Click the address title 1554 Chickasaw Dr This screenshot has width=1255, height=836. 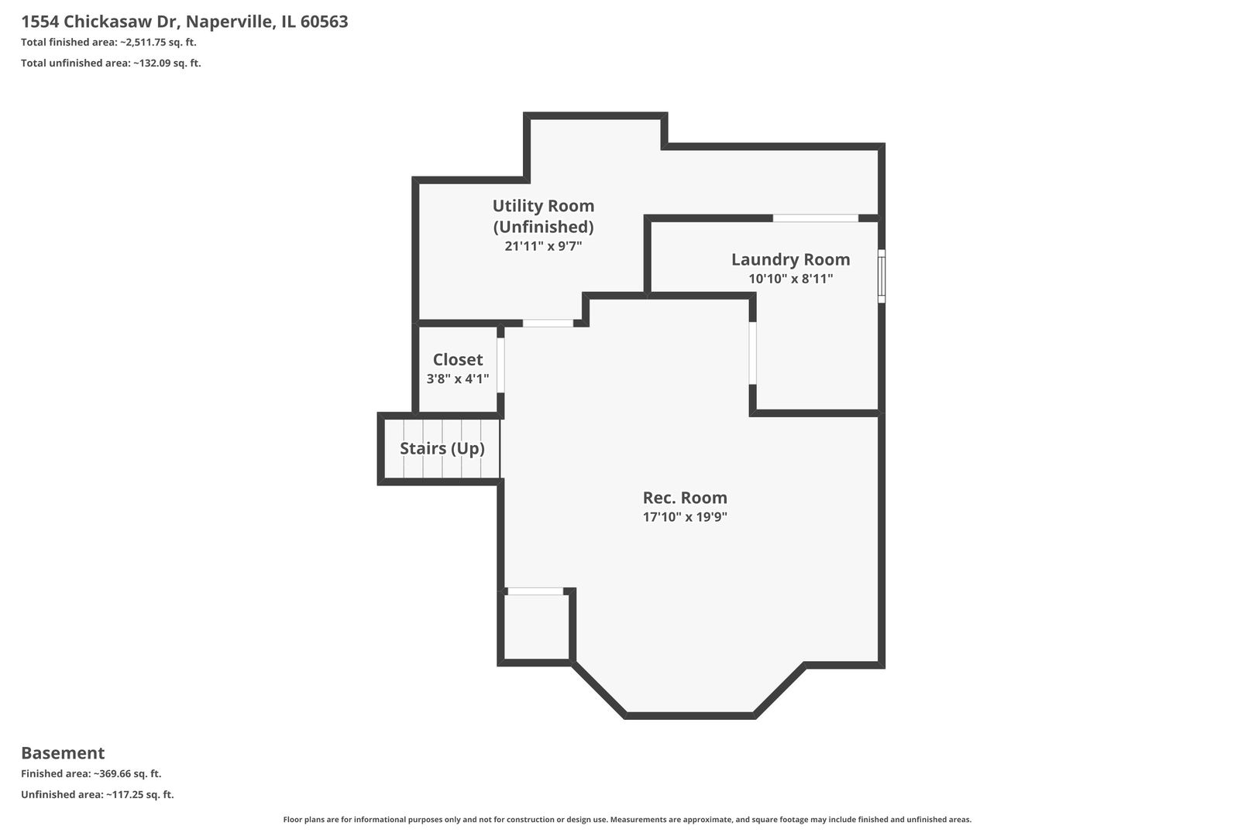(x=184, y=22)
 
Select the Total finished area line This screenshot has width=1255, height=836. (x=108, y=43)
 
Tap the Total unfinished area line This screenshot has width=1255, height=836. (x=111, y=63)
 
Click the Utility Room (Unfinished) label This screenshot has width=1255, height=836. (x=543, y=216)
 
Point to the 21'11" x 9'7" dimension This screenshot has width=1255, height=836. (x=543, y=246)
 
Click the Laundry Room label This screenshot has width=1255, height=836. (x=790, y=259)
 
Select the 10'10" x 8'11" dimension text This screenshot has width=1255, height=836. (x=790, y=279)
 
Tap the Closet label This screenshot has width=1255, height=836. (x=457, y=359)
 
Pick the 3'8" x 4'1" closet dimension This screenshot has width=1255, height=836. (x=457, y=379)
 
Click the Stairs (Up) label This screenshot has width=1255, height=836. (x=442, y=448)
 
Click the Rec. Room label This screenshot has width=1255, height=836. (x=685, y=497)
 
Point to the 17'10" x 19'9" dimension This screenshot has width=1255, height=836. (x=685, y=516)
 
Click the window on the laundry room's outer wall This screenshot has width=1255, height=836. (x=881, y=276)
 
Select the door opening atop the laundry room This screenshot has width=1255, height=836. (x=815, y=218)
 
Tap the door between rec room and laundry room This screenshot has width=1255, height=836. (x=752, y=353)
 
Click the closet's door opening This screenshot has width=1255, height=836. (x=500, y=365)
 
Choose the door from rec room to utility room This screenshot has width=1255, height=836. (x=548, y=323)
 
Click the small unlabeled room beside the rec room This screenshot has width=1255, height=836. (x=536, y=627)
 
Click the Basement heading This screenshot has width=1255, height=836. (x=63, y=753)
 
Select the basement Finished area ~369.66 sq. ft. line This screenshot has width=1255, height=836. (x=91, y=774)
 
